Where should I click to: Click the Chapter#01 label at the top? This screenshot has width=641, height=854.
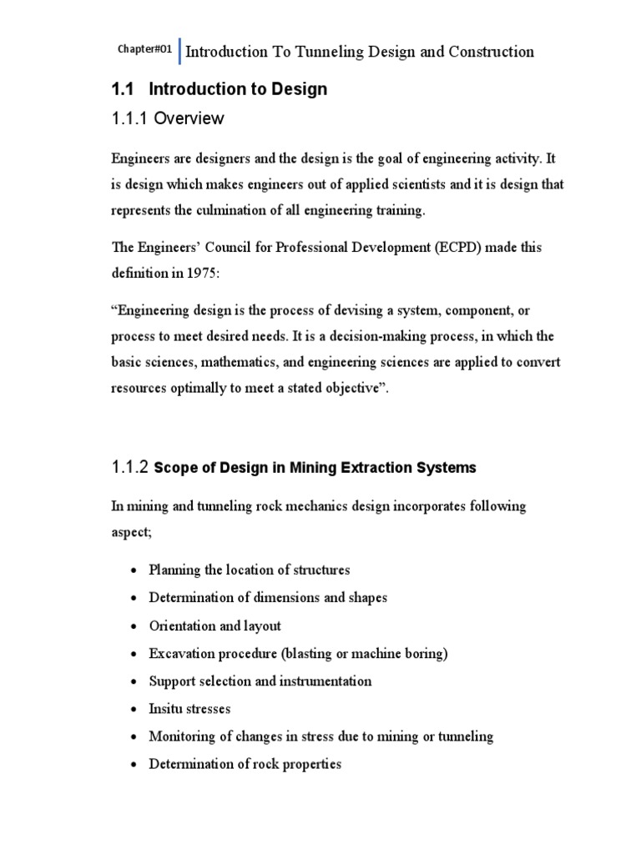coord(144,50)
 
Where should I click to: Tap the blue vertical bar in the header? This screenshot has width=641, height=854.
coord(179,51)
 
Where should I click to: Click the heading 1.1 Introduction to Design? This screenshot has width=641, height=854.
coord(220,89)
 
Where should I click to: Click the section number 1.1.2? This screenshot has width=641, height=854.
coord(130,468)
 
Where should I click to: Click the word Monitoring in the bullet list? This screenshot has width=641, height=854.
coord(182,736)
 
